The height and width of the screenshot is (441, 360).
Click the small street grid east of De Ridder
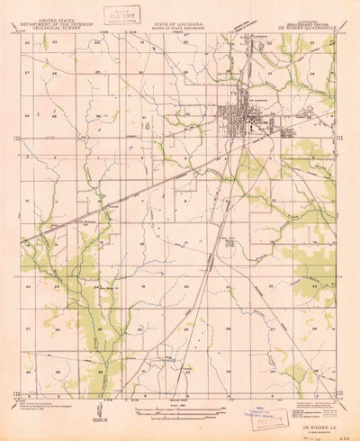click(290, 132)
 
